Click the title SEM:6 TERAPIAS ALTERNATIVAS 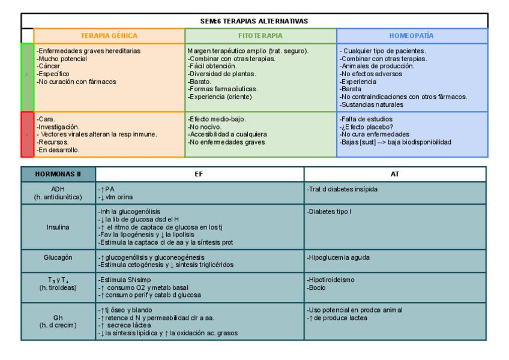(254, 21)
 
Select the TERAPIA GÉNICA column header (109, 36)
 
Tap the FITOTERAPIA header (261, 36)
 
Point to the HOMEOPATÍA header (412, 36)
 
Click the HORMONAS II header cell (58, 174)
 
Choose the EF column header (199, 174)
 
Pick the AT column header (395, 174)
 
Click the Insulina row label (58, 227)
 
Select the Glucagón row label (58, 257)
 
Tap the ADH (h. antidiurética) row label (58, 193)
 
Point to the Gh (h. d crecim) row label (58, 321)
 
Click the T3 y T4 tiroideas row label (58, 284)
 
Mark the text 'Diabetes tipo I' (330, 212)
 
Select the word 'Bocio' (317, 287)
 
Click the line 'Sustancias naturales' (372, 104)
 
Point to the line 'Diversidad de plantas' (221, 74)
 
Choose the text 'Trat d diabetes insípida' (343, 189)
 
